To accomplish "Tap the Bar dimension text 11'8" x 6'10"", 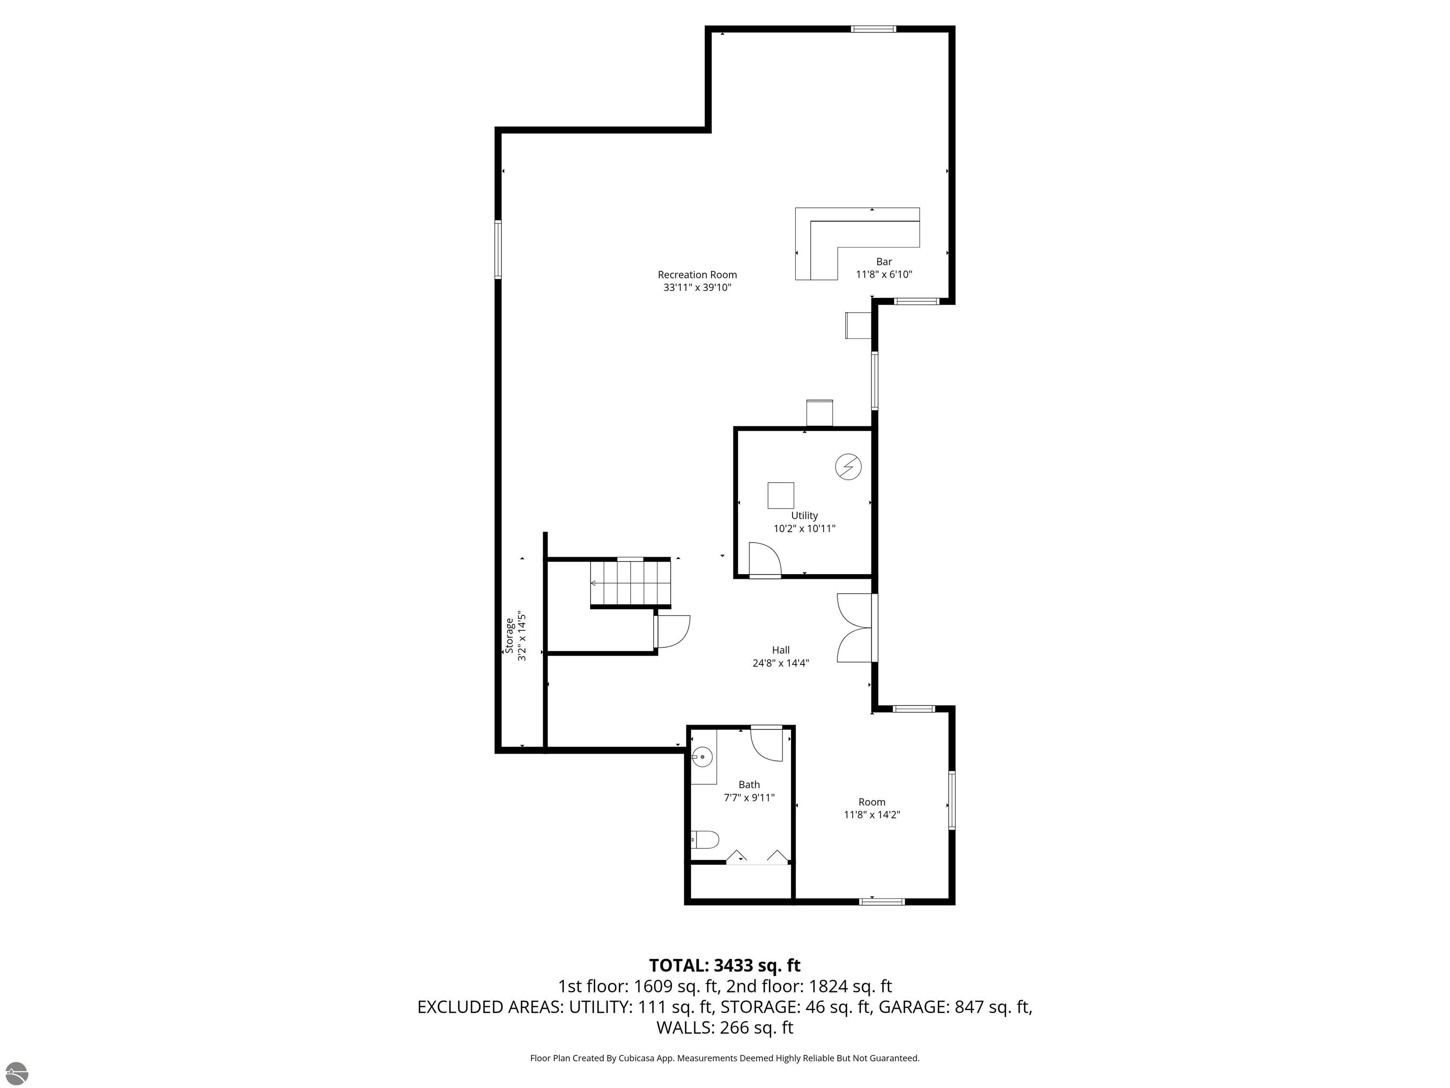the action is (x=884, y=275).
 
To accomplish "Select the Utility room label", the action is (x=804, y=516).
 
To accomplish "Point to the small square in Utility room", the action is (x=781, y=495).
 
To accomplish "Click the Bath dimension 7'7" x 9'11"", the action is (x=749, y=798).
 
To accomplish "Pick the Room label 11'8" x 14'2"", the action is (x=872, y=808).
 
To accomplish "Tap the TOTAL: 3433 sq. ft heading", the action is (x=725, y=965).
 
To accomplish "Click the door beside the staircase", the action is (x=672, y=631).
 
